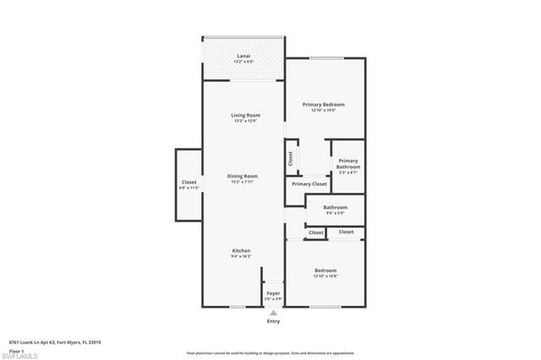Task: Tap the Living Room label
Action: click(x=245, y=115)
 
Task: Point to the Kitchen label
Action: click(x=242, y=251)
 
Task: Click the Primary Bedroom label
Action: click(x=324, y=105)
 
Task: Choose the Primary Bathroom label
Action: click(x=348, y=164)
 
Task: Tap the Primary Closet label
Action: click(x=309, y=183)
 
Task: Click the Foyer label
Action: click(x=273, y=293)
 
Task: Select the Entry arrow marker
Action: click(x=273, y=312)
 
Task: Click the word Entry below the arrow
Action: click(x=273, y=322)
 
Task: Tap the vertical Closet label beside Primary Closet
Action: click(x=291, y=158)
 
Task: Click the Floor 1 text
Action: click(x=17, y=350)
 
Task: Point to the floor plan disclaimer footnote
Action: click(x=270, y=353)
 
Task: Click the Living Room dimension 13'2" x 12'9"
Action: click(x=245, y=121)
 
